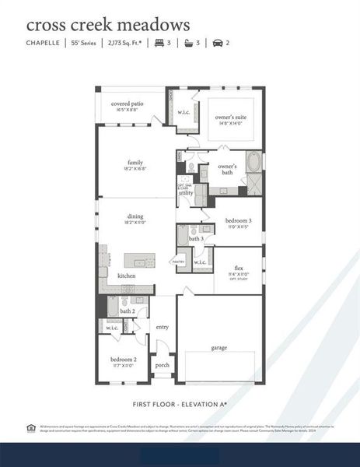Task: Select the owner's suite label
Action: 229,117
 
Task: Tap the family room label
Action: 135,163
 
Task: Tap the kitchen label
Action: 127,276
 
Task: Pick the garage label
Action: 219,347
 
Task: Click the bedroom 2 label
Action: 124,360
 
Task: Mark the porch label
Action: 163,364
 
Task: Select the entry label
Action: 163,327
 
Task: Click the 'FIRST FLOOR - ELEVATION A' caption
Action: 180,405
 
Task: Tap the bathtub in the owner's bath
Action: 253,163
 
